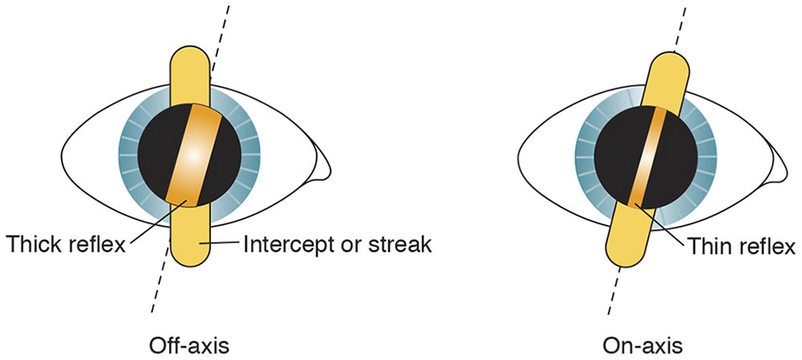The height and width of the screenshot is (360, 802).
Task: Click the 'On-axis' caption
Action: tap(642, 346)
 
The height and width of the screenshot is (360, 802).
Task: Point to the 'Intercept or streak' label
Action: tap(337, 245)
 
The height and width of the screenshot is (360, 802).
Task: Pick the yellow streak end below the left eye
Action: tap(191, 253)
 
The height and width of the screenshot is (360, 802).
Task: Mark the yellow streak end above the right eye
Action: tap(676, 72)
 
